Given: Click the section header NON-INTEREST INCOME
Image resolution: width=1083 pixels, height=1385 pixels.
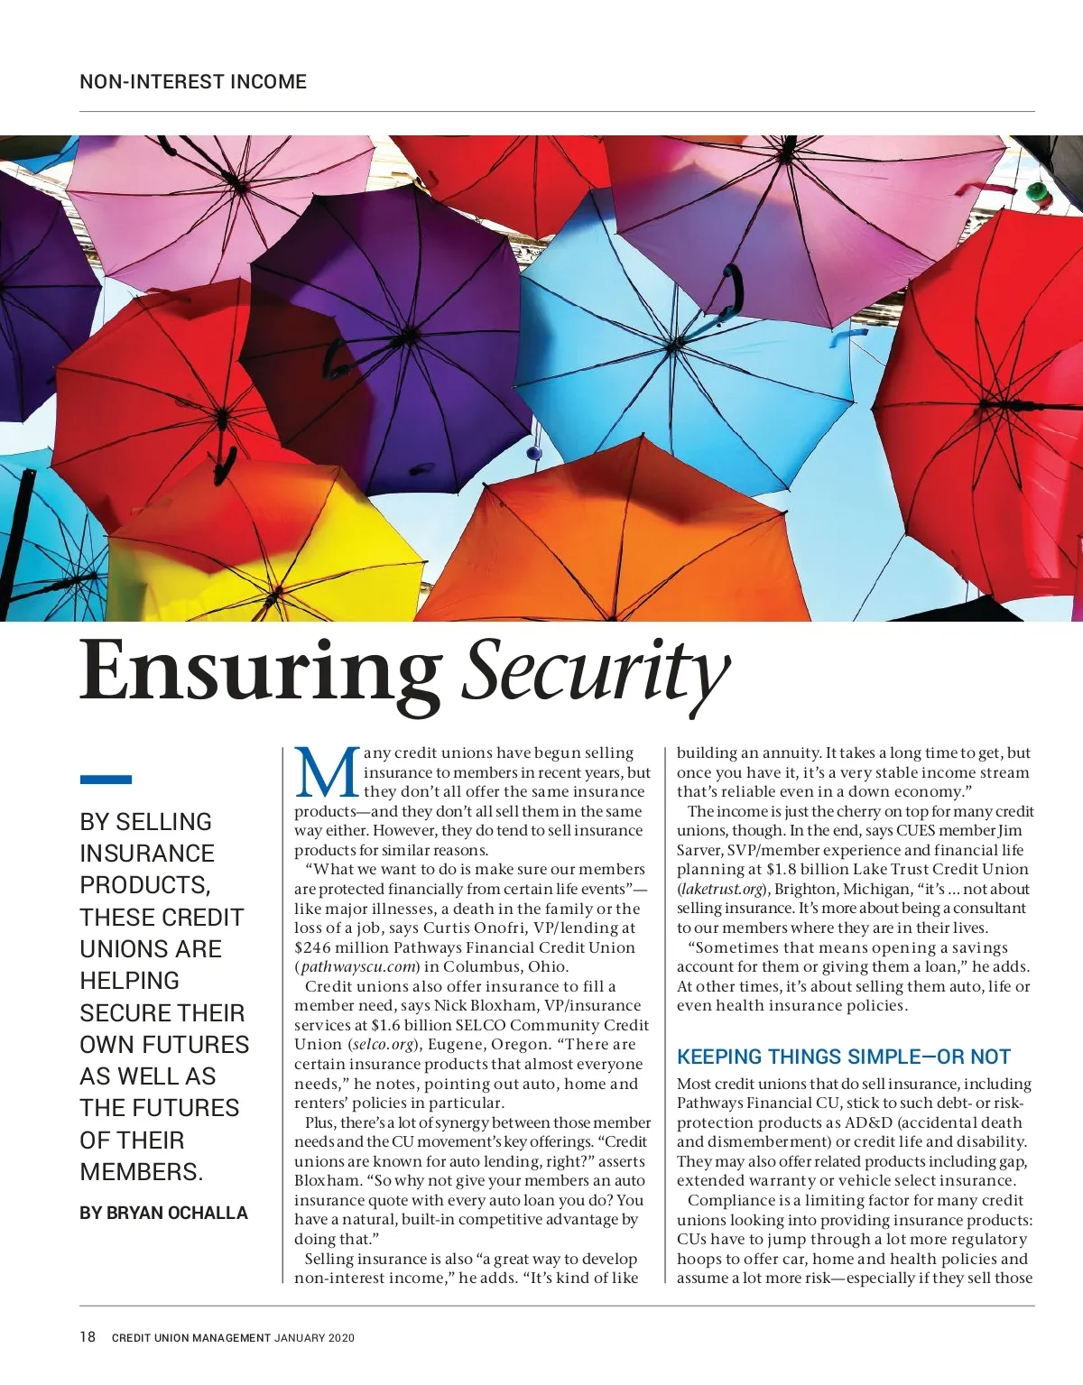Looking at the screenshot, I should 193,82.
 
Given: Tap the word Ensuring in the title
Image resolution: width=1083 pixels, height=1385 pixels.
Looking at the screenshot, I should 259,672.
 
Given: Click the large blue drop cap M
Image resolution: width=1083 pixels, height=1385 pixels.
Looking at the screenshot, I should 327,773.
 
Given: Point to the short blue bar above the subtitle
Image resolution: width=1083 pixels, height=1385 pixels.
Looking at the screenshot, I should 106,779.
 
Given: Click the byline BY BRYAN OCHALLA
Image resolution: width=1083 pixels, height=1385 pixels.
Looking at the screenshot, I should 163,1213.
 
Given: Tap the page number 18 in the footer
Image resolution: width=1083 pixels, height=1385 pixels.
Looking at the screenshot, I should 88,1337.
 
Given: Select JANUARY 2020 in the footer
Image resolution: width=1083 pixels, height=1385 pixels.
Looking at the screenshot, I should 315,1338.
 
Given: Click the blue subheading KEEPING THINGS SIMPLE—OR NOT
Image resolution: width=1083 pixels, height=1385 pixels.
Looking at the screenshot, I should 843,1057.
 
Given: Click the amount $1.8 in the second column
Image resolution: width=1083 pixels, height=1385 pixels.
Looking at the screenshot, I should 782,870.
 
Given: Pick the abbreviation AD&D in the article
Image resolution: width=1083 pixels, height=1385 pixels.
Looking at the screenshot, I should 869,1123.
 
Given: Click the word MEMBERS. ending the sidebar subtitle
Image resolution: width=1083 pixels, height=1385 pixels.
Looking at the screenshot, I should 142,1172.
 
